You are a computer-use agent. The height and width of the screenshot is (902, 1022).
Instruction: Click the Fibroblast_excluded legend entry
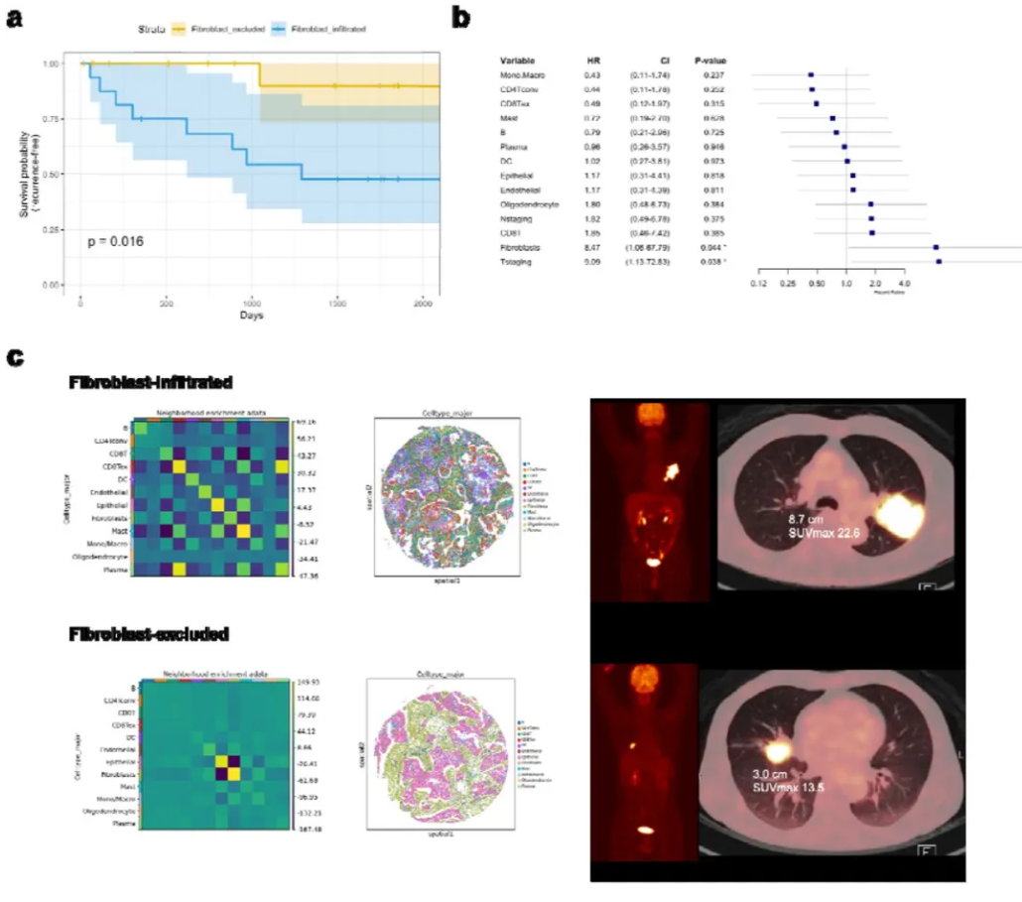pos(216,30)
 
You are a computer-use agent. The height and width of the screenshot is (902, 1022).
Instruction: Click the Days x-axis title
pos(252,315)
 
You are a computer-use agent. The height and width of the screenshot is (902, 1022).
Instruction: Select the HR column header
pos(594,59)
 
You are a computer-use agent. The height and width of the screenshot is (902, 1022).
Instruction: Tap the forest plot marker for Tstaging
pos(939,261)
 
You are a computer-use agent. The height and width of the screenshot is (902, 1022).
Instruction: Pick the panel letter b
pos(461,17)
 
